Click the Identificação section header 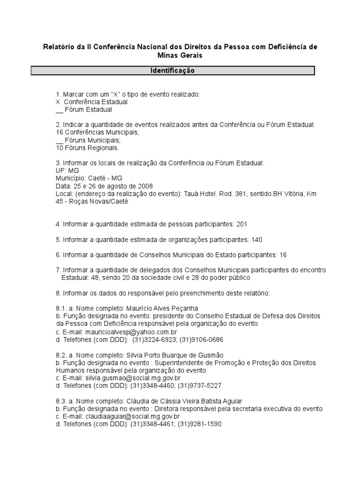click(172, 71)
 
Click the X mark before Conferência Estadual click(58, 102)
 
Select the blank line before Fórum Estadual click(59, 110)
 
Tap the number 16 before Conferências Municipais click(59, 133)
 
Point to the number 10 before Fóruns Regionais click(59, 148)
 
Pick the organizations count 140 click(256, 240)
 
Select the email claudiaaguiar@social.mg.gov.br click(133, 416)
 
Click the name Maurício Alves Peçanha click(156, 308)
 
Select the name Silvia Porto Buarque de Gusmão click(175, 355)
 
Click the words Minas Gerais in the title click(180, 55)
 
